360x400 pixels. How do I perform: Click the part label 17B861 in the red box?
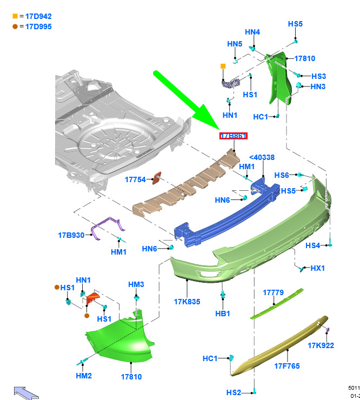tap(233, 136)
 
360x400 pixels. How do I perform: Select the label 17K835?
tap(187, 302)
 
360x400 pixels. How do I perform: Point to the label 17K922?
tap(321, 345)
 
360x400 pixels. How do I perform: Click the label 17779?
tap(273, 292)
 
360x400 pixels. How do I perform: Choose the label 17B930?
tap(71, 235)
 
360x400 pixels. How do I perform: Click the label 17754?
tap(135, 179)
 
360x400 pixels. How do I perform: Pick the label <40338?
tap(262, 157)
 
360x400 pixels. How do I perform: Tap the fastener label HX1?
tap(317, 268)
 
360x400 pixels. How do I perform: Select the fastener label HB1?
tap(223, 313)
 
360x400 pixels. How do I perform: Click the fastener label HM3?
tap(136, 284)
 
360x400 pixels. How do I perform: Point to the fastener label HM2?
tap(84, 376)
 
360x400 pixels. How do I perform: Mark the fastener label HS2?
tap(234, 392)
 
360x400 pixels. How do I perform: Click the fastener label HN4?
tap(252, 32)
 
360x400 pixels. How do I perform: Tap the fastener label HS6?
tap(282, 175)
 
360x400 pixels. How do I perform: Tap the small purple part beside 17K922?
tap(328, 329)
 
